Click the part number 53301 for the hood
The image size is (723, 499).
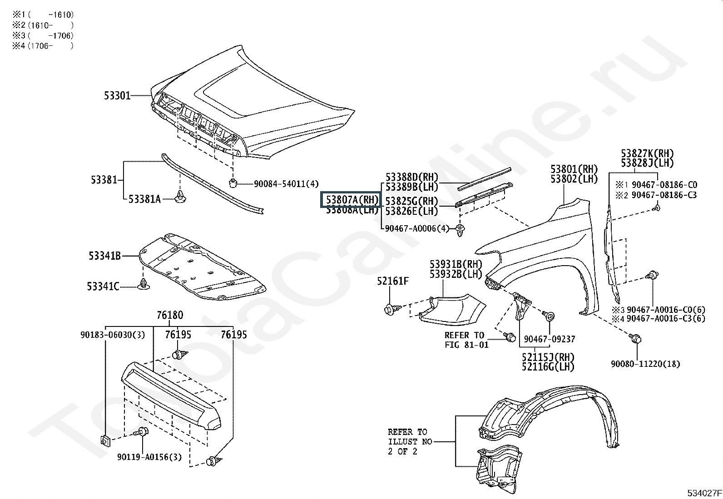pyautogui.click(x=117, y=96)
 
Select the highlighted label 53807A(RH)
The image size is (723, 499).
pyautogui.click(x=352, y=200)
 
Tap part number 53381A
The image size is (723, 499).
pyautogui.click(x=144, y=199)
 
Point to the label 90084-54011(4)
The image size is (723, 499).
pyautogui.click(x=286, y=184)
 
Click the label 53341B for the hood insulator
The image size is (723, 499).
pyautogui.click(x=104, y=256)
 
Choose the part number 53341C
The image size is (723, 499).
pyautogui.click(x=103, y=287)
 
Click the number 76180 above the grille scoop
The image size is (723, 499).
pyautogui.click(x=170, y=315)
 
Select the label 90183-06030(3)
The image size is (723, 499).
pyautogui.click(x=113, y=335)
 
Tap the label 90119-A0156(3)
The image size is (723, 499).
pyautogui.click(x=149, y=457)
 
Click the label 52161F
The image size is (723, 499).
pyautogui.click(x=392, y=281)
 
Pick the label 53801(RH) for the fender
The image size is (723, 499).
pyautogui.click(x=574, y=169)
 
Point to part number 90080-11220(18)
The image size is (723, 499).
pyautogui.click(x=645, y=364)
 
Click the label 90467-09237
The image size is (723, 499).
pyautogui.click(x=550, y=339)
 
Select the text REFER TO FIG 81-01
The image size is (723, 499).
pyautogui.click(x=466, y=340)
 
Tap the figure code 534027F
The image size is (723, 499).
pyautogui.click(x=703, y=493)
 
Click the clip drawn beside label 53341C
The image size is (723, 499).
pyautogui.click(x=144, y=285)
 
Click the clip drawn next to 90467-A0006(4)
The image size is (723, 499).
pyautogui.click(x=461, y=229)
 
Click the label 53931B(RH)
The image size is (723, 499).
pyautogui.click(x=456, y=264)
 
